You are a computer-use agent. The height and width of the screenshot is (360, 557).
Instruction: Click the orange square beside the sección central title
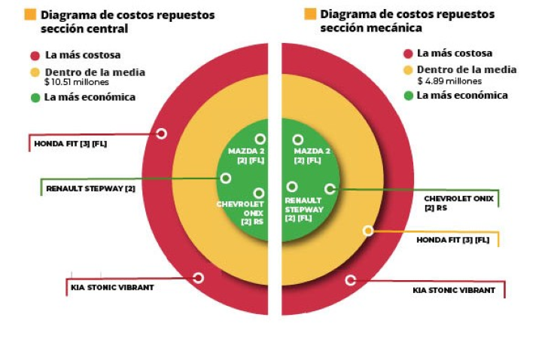tap(31, 15)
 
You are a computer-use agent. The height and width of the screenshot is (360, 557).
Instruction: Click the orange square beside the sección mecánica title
tap(310, 14)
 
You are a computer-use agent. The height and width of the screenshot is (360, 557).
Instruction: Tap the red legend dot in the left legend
tap(35, 55)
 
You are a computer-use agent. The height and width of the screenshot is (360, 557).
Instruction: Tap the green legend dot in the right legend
tap(409, 96)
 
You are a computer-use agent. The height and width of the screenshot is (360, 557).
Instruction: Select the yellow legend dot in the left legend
tap(35, 73)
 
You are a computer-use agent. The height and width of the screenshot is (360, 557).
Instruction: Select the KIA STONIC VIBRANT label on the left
tap(113, 287)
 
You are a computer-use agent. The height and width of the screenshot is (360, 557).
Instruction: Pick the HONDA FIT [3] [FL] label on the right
tap(453, 239)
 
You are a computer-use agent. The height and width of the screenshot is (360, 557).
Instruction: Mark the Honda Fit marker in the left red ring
tap(161, 133)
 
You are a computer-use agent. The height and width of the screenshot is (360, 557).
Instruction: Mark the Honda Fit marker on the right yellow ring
tap(368, 230)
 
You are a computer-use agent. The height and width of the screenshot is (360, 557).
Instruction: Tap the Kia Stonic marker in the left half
tap(198, 277)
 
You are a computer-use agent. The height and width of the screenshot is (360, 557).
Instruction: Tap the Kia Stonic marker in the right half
tap(350, 280)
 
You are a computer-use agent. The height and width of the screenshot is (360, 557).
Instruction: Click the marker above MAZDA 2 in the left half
tap(260, 139)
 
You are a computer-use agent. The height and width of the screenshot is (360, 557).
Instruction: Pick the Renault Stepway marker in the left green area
tap(225, 178)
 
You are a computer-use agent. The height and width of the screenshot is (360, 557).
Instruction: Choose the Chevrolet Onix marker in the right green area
tap(329, 188)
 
